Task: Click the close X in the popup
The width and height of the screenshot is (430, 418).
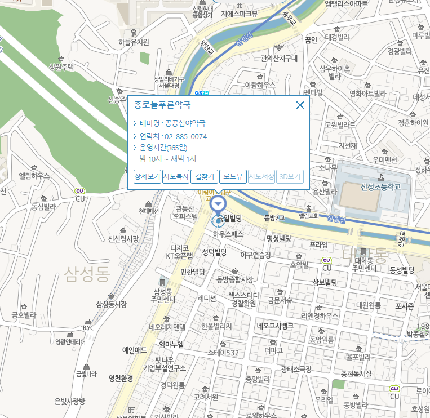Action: (x=300, y=105)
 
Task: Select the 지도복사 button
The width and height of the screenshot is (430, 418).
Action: (x=176, y=176)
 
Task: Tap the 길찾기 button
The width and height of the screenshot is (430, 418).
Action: (x=204, y=176)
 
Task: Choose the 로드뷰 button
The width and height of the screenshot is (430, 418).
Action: (x=233, y=176)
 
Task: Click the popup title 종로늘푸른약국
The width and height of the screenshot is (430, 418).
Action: (x=162, y=105)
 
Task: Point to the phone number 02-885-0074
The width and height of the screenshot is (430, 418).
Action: (x=185, y=136)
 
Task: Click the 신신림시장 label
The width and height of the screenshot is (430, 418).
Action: (x=123, y=239)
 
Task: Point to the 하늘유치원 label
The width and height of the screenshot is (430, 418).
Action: (x=134, y=42)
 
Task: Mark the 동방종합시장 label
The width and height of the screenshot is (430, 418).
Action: (x=235, y=279)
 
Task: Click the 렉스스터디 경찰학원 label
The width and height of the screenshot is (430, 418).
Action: (x=243, y=299)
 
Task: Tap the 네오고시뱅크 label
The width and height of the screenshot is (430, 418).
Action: (x=275, y=326)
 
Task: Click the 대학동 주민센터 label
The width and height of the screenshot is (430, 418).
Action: (x=364, y=264)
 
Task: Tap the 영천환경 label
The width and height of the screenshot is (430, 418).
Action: (x=121, y=378)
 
